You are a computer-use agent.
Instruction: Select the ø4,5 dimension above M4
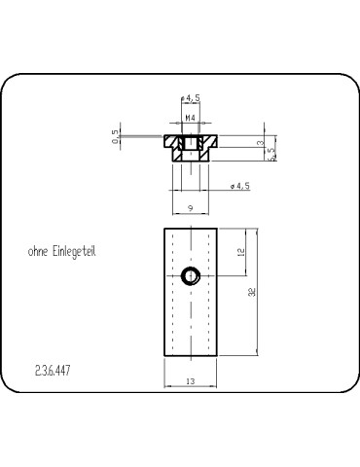coord(191,97)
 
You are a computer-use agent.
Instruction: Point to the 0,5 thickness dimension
coord(115,138)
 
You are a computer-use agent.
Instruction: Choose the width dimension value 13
coord(190,382)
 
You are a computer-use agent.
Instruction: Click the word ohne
coord(40,250)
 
